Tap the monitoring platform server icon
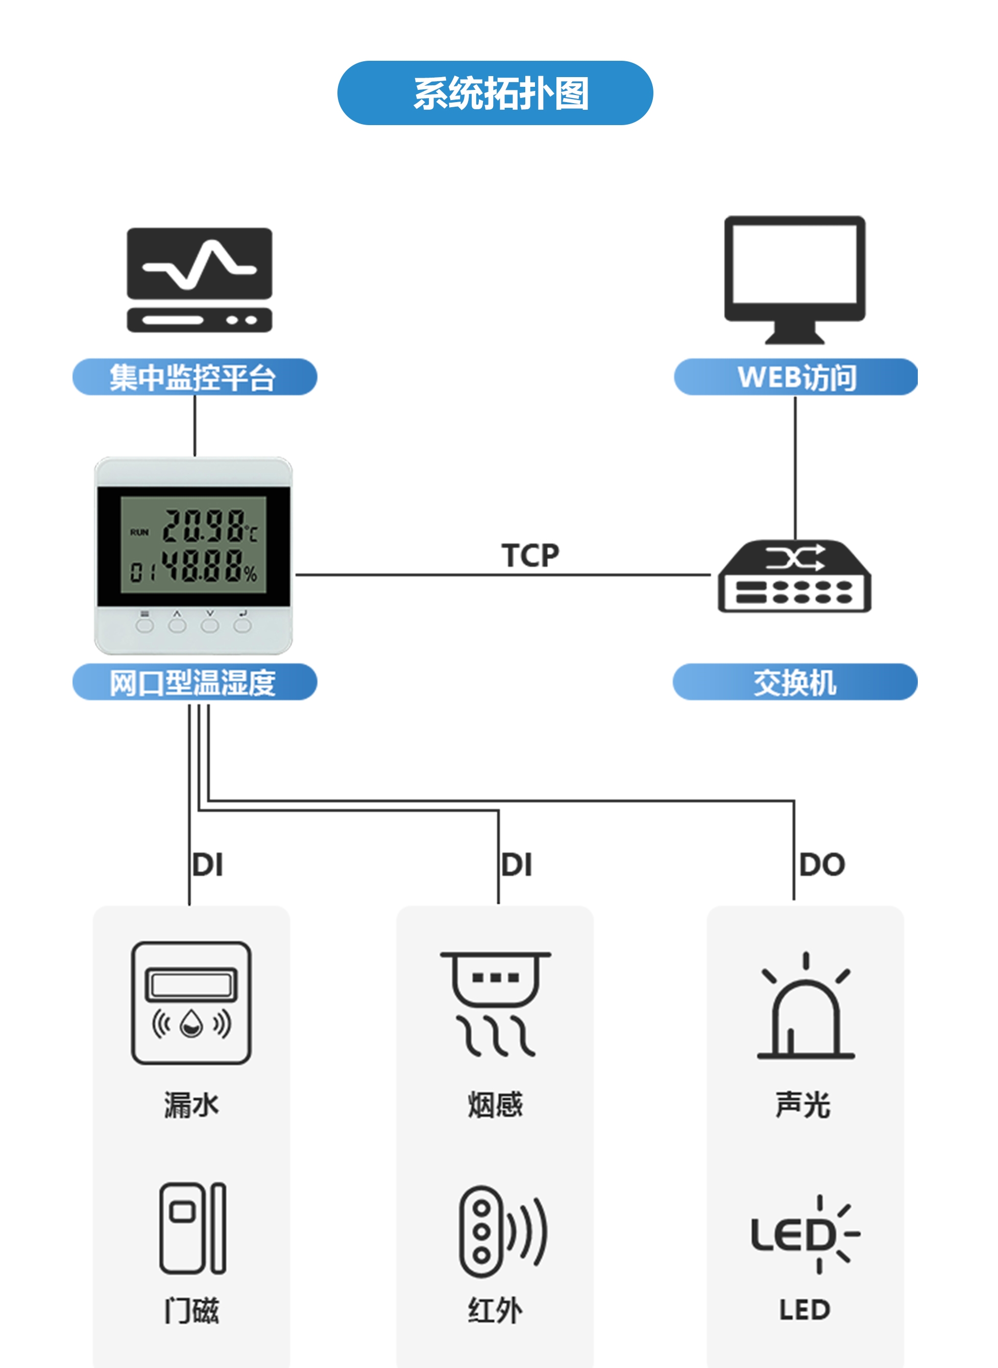coord(200,280)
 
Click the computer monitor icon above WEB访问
coord(794,279)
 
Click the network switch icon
coord(794,577)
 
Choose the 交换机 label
coord(795,682)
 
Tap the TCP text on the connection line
coord(530,555)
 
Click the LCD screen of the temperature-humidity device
coord(193,545)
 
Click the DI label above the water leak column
coord(208,865)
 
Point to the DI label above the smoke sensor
coord(517,865)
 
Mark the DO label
coord(821,865)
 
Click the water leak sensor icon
coord(191,1003)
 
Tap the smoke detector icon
coord(495,1003)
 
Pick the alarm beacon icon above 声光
coord(805,1006)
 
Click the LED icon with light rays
coord(805,1234)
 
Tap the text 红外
coord(495,1310)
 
